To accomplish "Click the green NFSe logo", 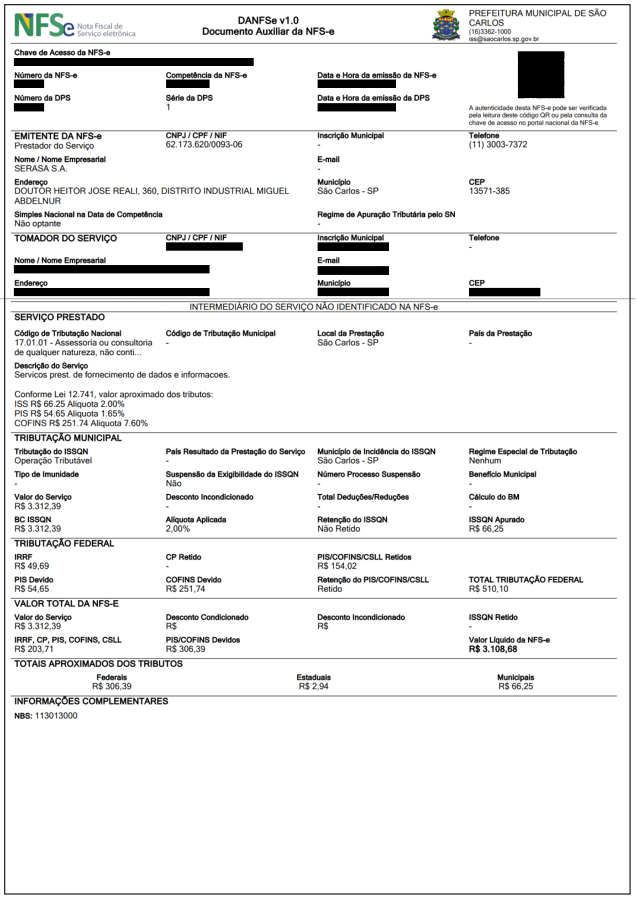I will (44, 25).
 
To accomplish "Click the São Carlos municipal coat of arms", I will (446, 25).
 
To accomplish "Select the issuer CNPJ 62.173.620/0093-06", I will (204, 145).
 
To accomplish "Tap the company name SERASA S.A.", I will (40, 169).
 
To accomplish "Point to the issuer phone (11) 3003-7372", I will (498, 145).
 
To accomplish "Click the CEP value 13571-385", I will (489, 191).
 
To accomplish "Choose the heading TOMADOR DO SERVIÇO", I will (65, 238).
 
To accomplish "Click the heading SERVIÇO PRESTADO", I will (59, 317).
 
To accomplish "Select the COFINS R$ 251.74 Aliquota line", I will (81, 423).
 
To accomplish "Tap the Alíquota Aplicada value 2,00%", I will (177, 529).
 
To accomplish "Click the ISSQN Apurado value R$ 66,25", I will (486, 529).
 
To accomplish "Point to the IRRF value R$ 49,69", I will (31, 567).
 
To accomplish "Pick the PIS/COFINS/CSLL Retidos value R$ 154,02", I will (336, 567).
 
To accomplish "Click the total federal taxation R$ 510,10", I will (488, 589).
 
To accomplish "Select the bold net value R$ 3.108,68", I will (493, 649).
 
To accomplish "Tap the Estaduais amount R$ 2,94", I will (313, 687).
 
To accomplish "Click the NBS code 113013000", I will (56, 716).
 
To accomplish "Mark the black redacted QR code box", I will (540, 75).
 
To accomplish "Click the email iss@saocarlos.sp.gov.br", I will (503, 39).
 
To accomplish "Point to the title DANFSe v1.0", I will (268, 20).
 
